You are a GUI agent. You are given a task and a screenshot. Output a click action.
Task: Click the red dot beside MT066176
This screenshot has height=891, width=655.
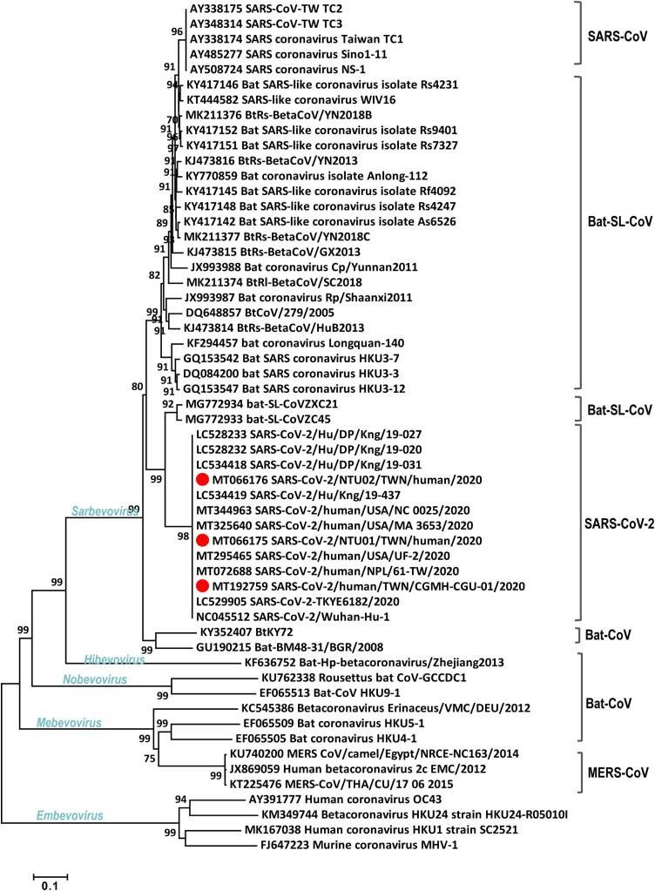click(x=202, y=480)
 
